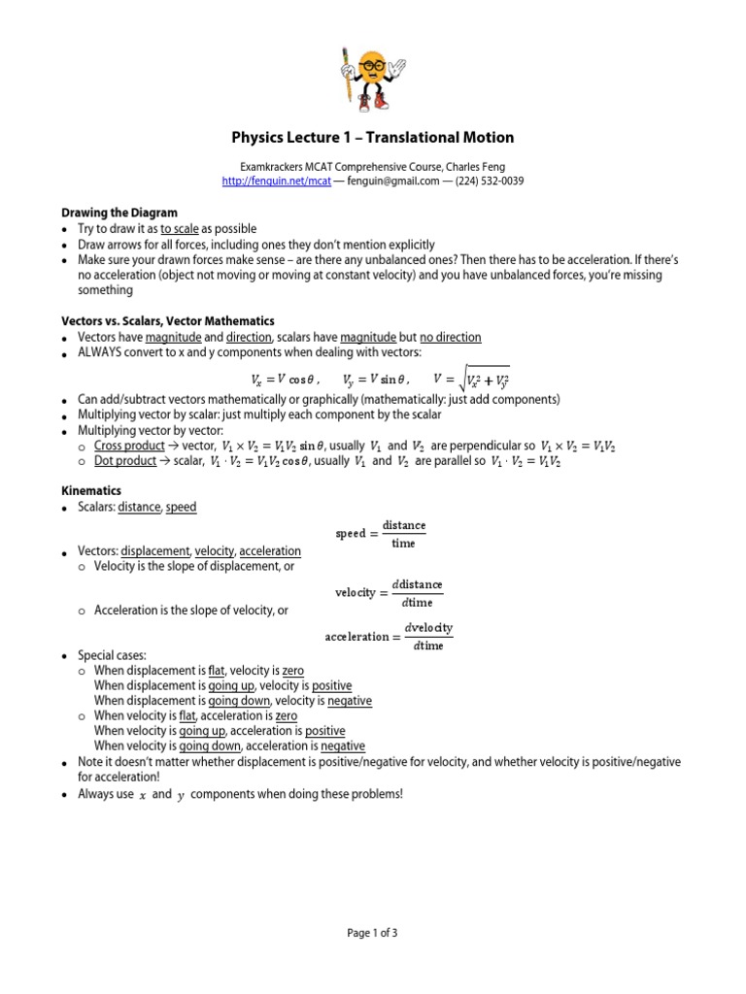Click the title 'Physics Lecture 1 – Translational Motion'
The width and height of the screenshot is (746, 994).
[372, 137]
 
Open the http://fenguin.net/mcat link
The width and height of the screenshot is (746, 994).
[276, 182]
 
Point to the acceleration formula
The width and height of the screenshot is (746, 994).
[388, 637]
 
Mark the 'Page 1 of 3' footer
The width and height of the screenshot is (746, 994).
[372, 933]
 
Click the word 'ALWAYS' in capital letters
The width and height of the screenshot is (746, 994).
[100, 352]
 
